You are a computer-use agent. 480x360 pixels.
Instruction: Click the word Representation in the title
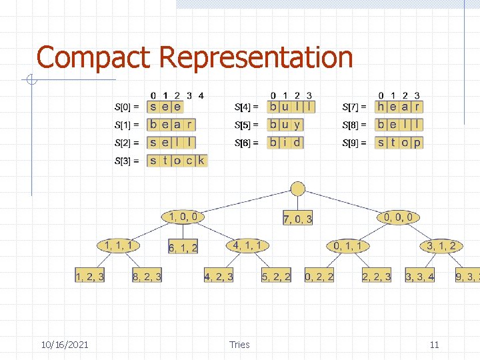pos(256,57)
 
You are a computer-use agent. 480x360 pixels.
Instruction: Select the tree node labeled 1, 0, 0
pos(183,216)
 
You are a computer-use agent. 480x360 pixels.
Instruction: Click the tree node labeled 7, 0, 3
pos(297,219)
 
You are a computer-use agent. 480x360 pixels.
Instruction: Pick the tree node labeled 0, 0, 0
pos(399,217)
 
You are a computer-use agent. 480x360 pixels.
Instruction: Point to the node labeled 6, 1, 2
pos(183,247)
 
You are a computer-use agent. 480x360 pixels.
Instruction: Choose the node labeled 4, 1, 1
pos(247,245)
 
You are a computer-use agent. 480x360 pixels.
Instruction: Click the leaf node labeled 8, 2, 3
pos(147,276)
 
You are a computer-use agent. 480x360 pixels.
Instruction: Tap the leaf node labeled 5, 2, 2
pos(276,276)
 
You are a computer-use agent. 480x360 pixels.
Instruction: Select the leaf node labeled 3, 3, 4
pos(420,276)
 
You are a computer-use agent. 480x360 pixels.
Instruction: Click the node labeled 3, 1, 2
pos(441,246)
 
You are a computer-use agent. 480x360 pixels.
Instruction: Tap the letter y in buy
pos(297,125)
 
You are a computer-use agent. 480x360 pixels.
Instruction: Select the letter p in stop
pos(417,143)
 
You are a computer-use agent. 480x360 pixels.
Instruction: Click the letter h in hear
pos(381,106)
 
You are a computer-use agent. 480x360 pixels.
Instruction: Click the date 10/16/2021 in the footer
pos(64,345)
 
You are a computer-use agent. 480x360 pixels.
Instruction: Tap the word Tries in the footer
pos(239,345)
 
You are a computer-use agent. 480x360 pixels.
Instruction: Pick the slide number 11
pos(434,345)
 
